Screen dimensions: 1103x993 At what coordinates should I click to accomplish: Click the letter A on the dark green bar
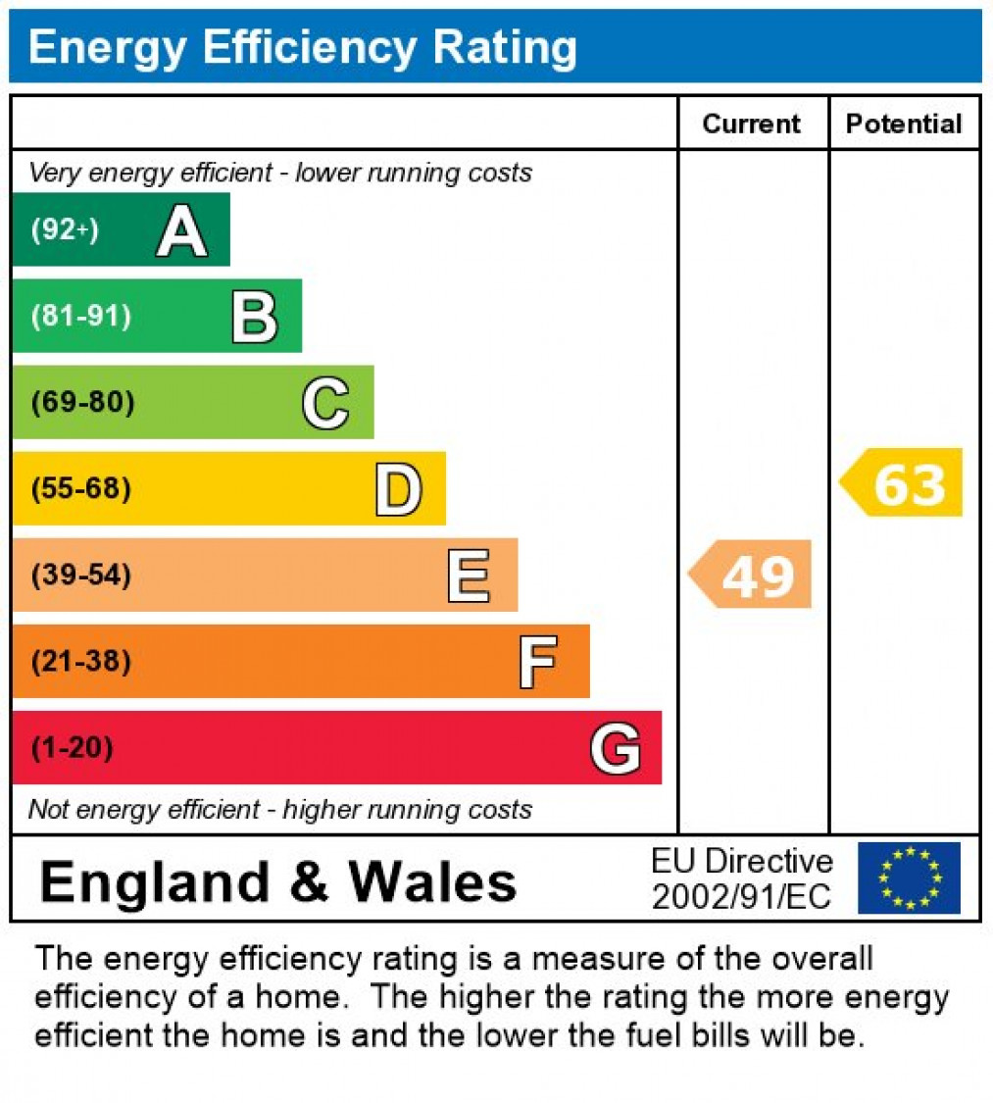click(181, 231)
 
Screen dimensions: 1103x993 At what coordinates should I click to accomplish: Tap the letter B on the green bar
click(254, 317)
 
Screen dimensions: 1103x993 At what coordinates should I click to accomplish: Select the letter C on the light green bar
click(325, 403)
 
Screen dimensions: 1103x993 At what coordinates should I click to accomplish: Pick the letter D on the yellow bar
click(398, 489)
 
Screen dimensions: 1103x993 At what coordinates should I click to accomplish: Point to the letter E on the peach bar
click(469, 576)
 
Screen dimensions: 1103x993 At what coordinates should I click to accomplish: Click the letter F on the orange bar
click(538, 662)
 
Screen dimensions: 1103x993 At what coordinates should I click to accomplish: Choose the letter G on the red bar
click(616, 748)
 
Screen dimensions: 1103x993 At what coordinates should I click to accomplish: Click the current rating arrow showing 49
click(752, 575)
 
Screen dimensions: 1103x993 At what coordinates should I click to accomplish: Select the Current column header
click(752, 125)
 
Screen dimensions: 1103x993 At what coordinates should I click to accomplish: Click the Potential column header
click(904, 125)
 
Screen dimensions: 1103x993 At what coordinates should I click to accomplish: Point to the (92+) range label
click(65, 231)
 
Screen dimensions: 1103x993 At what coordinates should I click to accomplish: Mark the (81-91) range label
click(80, 317)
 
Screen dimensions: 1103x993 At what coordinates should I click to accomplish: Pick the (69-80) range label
click(82, 403)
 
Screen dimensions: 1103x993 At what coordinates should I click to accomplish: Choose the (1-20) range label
click(72, 748)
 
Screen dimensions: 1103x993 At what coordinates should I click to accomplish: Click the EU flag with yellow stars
click(909, 877)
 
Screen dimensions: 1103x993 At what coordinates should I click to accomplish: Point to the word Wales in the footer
click(433, 881)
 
